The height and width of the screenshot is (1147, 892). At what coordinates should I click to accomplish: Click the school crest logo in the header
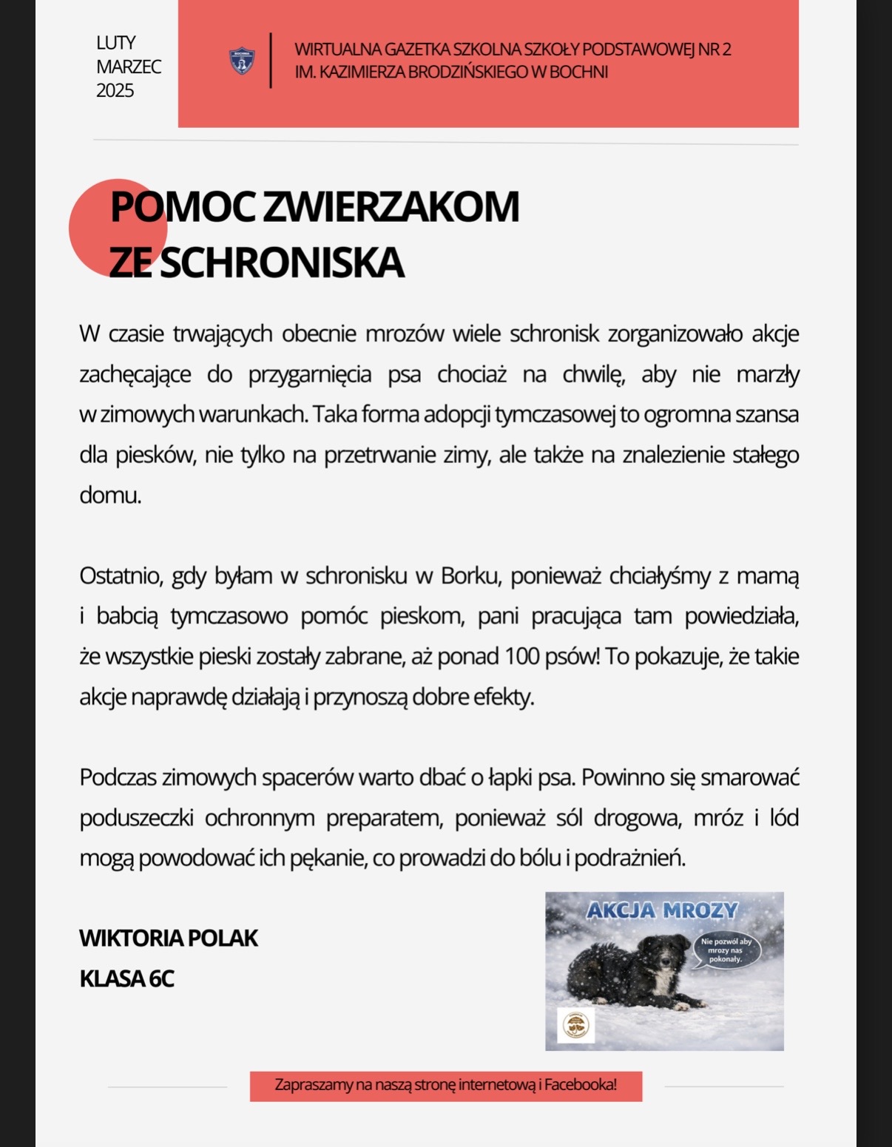pos(242,61)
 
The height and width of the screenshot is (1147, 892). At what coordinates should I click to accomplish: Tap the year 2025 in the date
pos(115,91)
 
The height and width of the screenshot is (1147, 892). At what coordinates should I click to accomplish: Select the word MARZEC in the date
pos(128,67)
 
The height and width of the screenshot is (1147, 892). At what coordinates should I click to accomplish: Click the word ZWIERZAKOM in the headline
pos(391,206)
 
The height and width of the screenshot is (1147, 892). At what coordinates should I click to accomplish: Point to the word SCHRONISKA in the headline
pos(282,262)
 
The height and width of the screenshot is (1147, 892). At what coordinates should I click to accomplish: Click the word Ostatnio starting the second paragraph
pos(120,576)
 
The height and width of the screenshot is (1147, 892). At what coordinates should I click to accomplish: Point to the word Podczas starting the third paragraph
pos(118,778)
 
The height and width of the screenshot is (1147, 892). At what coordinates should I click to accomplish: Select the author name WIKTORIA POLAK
pos(169,938)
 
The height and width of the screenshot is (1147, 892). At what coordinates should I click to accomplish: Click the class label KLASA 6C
pos(126,978)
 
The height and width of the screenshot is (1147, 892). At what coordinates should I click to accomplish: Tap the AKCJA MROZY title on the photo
pos(662,910)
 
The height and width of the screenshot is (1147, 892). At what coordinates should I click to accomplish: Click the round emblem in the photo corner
pos(575,1026)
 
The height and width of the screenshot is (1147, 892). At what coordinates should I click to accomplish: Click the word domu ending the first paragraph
pos(109,495)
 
